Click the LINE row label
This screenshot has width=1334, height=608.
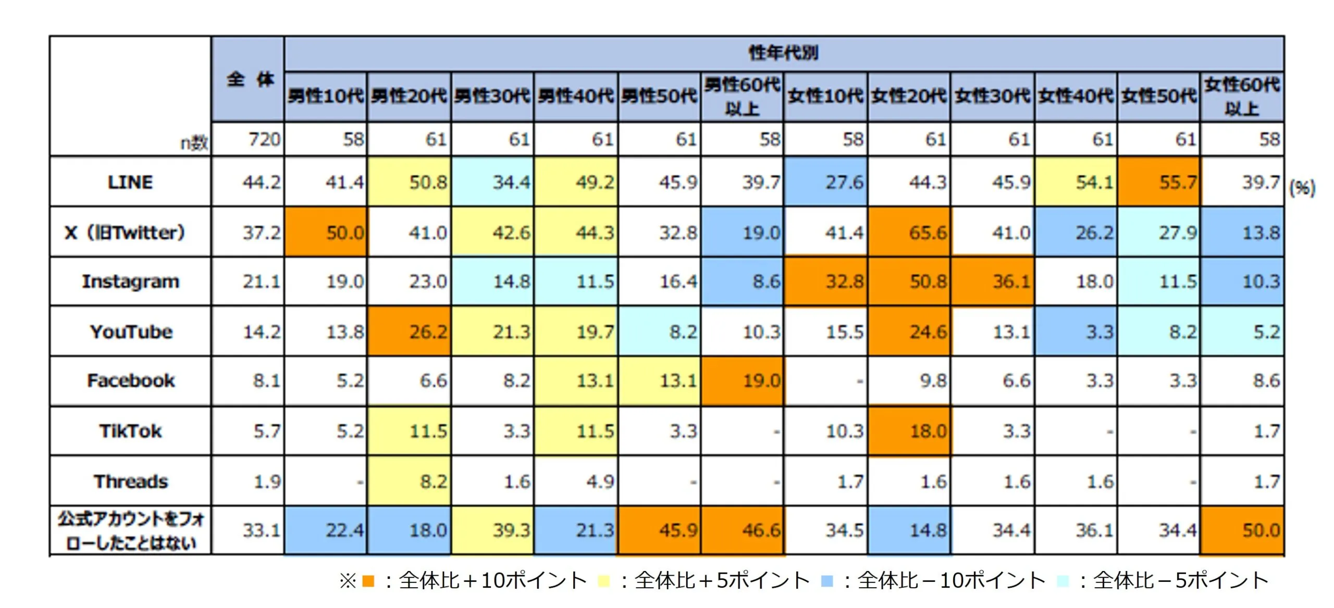pos(130,182)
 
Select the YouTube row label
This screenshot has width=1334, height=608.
pos(131,332)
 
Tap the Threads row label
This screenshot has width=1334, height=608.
pos(131,481)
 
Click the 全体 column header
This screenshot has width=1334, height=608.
pos(249,79)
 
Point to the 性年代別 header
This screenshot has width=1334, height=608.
pos(783,53)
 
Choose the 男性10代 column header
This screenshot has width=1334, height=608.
pos(326,96)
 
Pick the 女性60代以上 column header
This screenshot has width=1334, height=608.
pos(1242,96)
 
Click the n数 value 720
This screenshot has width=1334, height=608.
pos(264,139)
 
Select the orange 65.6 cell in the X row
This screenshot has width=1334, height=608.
pos(909,232)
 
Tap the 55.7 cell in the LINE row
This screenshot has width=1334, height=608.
pos(1159,182)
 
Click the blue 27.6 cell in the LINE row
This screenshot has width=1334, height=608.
pos(826,182)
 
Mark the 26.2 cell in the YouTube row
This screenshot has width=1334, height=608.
pos(410,332)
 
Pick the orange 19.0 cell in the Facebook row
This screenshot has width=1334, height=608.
pos(743,381)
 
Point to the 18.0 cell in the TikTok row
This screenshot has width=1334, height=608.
pos(909,431)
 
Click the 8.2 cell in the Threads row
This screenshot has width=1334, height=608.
pos(410,481)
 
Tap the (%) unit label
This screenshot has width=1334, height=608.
pos(1302,188)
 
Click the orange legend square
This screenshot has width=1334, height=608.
pos(368,580)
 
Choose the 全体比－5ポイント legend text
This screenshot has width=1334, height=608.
pos(1180,580)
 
